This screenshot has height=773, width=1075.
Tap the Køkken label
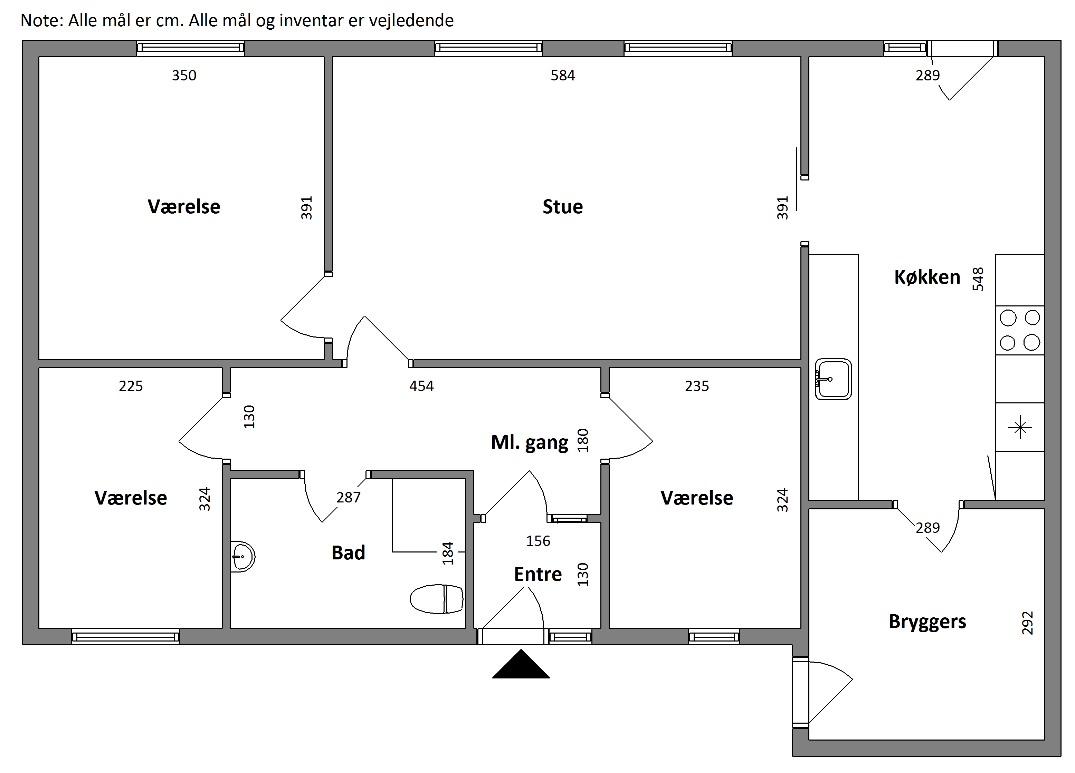927,277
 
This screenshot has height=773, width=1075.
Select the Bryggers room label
927,622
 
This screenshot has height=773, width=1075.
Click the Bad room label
349,553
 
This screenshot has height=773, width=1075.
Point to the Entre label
538,574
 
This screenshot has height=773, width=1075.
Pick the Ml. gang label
530,442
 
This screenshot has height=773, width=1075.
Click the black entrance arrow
521,664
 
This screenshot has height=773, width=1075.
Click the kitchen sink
833,379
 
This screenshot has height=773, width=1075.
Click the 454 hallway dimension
421,386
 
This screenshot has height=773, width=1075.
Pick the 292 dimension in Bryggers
1027,623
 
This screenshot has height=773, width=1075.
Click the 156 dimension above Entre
538,541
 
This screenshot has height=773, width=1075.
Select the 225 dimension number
131,386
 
